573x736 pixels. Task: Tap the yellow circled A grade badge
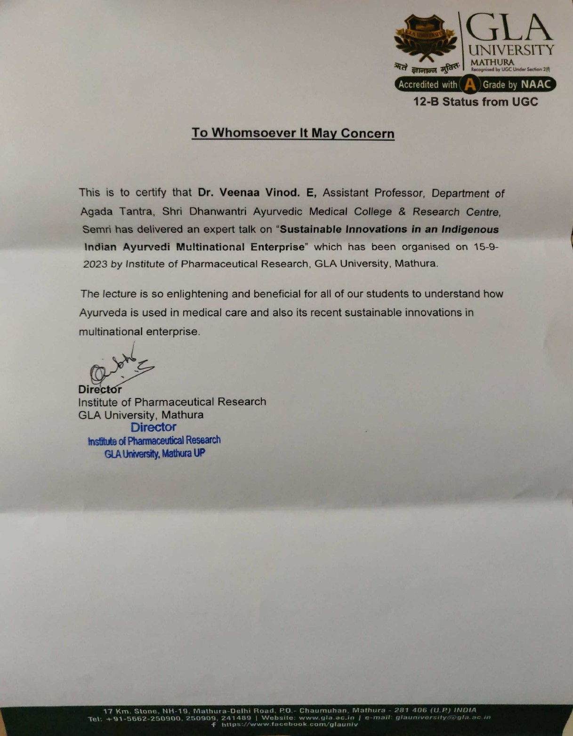click(x=469, y=85)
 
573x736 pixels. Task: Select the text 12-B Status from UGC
click(x=475, y=102)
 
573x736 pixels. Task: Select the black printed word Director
click(x=100, y=390)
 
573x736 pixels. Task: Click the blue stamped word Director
click(x=153, y=427)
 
